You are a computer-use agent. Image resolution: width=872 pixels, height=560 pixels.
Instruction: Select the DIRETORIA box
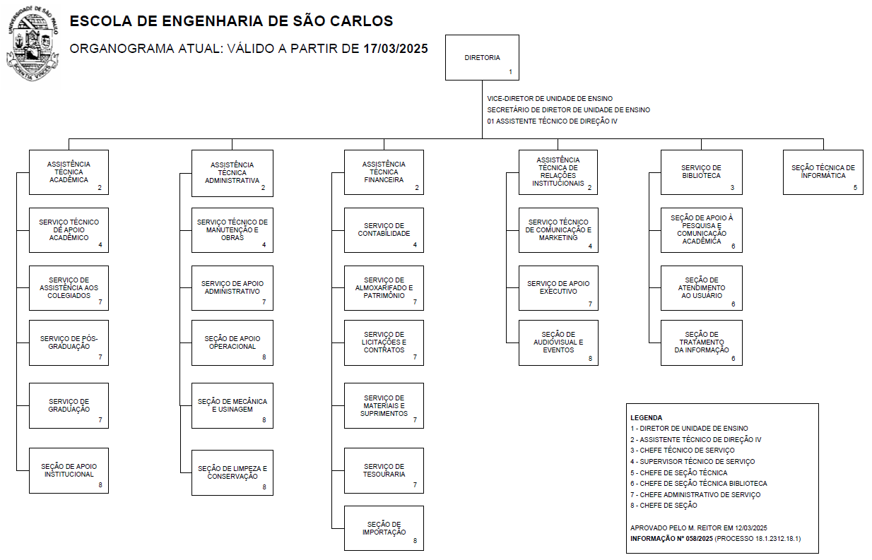click(x=482, y=57)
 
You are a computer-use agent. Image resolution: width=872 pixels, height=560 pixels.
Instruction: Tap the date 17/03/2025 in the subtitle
click(x=396, y=49)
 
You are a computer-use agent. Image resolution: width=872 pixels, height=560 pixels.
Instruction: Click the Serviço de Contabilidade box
click(x=384, y=230)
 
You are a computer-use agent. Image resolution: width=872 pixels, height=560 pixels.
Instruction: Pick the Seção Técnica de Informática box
click(x=823, y=172)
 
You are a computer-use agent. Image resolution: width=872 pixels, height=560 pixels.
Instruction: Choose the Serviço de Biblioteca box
click(x=701, y=172)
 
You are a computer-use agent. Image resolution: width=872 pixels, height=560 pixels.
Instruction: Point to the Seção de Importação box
click(x=384, y=528)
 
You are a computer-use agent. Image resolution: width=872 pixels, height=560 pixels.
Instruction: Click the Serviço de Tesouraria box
click(x=384, y=470)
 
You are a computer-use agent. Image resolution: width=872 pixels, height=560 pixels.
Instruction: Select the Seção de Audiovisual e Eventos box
click(x=558, y=342)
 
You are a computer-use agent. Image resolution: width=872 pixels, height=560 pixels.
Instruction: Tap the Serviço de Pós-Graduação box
click(x=69, y=342)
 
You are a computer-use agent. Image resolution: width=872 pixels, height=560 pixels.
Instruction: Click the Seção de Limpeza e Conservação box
click(x=232, y=472)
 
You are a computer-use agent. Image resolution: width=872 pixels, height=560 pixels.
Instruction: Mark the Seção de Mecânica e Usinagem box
click(x=232, y=405)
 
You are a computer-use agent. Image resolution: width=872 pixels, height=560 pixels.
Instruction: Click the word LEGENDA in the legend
click(x=646, y=417)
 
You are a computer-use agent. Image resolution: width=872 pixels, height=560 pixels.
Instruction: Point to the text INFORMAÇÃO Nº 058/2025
click(x=671, y=539)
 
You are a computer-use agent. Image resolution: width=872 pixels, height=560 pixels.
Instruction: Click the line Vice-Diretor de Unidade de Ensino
click(x=550, y=99)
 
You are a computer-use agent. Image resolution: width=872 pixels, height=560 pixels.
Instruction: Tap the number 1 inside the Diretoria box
click(x=510, y=72)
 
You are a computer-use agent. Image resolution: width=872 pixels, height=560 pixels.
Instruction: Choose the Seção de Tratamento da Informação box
click(x=701, y=342)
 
